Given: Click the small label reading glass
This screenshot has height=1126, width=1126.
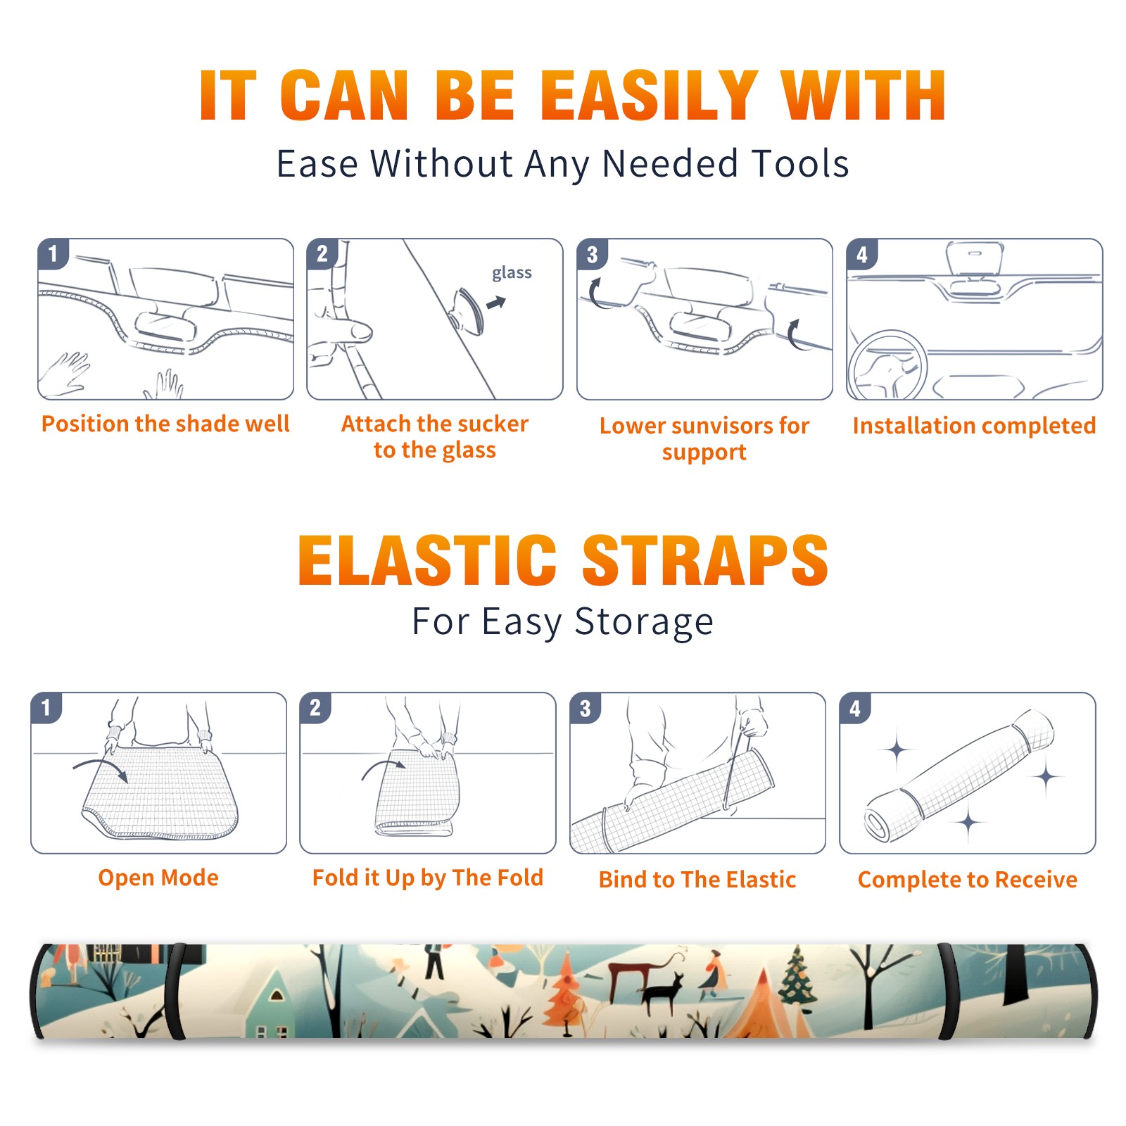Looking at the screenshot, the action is click(x=512, y=273).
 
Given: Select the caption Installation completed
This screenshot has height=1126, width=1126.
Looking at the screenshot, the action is click(x=974, y=425).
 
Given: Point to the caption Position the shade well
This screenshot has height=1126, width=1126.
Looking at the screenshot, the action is click(x=165, y=424).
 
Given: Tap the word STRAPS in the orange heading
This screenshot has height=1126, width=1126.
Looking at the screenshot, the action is click(x=705, y=560).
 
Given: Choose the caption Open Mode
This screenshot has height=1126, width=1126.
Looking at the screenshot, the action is click(x=158, y=878).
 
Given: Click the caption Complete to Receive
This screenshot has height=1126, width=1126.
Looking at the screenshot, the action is click(x=968, y=880).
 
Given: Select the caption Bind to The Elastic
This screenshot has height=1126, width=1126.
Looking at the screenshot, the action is click(x=697, y=880).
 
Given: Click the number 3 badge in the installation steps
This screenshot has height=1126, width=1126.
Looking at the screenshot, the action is click(x=592, y=255).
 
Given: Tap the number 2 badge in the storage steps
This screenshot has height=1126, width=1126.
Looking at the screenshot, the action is click(x=315, y=707).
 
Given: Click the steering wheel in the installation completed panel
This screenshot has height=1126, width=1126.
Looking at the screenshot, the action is click(x=887, y=366).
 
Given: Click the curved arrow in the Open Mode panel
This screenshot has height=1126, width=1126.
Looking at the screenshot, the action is click(x=101, y=768).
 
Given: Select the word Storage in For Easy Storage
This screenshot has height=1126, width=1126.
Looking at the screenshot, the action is click(x=644, y=622).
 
